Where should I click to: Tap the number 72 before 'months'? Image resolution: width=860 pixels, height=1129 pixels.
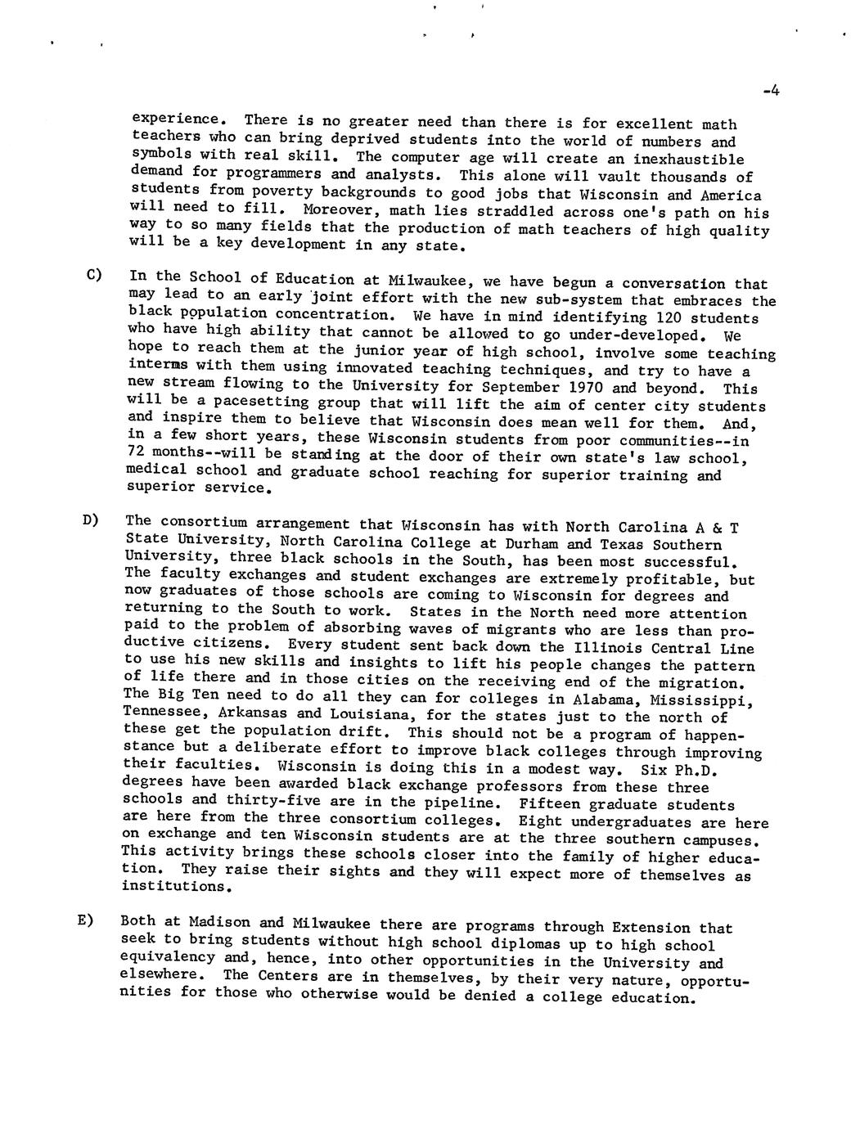[137, 452]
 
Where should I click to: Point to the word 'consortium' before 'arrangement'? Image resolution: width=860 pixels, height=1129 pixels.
[204, 521]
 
